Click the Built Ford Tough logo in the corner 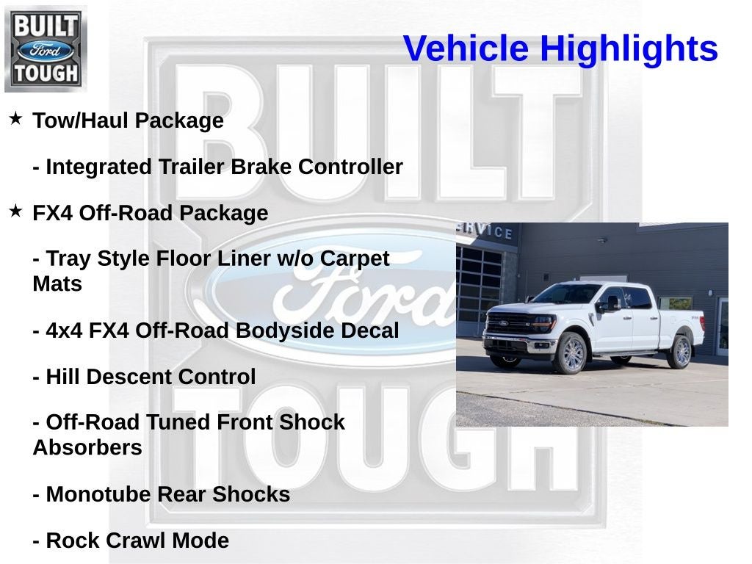[x=46, y=48]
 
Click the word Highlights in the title [x=629, y=49]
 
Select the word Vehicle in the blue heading [x=466, y=49]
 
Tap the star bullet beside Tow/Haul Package [x=15, y=118]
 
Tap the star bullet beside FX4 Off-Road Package [x=15, y=211]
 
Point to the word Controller [x=350, y=167]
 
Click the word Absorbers [x=87, y=447]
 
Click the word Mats [x=57, y=283]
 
